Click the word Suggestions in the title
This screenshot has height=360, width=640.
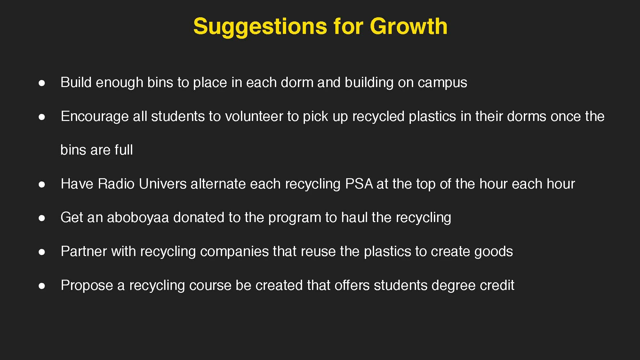pos(260,27)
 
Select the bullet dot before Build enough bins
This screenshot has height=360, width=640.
pos(42,83)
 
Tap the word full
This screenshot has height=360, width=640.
pos(124,150)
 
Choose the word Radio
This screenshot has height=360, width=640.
pos(116,184)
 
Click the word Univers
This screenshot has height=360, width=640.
pos(163,184)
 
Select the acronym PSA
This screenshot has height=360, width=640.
pos(359,184)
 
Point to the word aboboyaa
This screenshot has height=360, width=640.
pos(138,218)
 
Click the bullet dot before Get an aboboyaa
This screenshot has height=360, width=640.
pos(42,218)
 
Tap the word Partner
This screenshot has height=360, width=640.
pos(84,252)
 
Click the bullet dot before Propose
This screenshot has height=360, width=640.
pos(42,286)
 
